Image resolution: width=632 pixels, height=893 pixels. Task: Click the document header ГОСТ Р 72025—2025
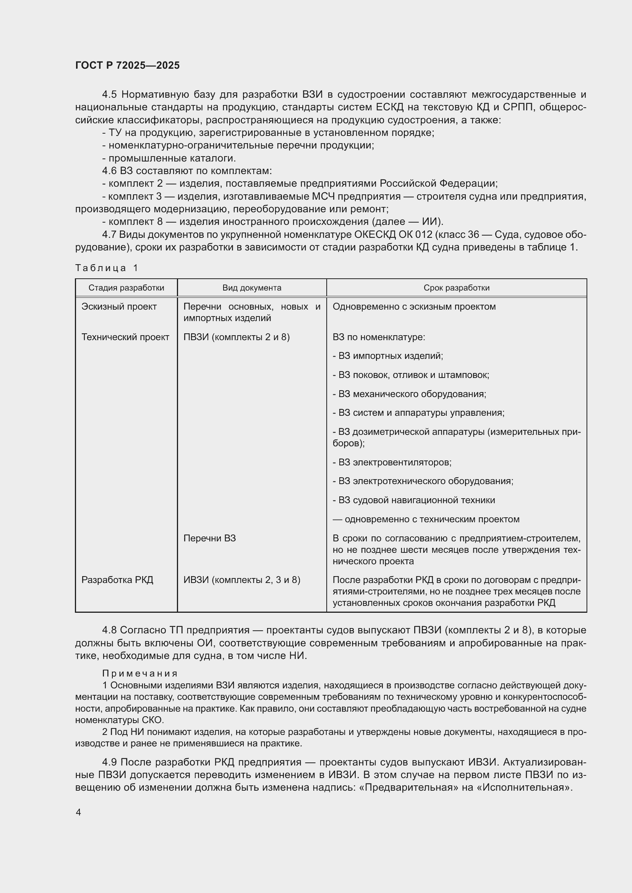[x=127, y=65]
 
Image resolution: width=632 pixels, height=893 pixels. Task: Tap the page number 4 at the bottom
[x=78, y=812]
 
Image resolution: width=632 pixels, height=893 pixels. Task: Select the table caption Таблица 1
[x=107, y=268]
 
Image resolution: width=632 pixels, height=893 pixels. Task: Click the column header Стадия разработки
[x=126, y=288]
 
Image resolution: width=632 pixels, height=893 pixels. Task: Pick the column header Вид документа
[x=251, y=288]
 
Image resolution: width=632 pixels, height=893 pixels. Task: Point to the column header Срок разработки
[x=456, y=288]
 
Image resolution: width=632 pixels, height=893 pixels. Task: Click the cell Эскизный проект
[x=119, y=307]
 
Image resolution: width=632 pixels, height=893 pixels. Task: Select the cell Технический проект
[x=125, y=337]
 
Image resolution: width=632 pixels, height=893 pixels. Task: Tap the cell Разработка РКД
[x=117, y=580]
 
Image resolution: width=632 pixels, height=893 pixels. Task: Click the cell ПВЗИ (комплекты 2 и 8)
[x=236, y=337]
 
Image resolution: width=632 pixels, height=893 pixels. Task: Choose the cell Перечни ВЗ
[x=209, y=538]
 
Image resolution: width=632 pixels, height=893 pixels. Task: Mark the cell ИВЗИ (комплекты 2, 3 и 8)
[x=241, y=580]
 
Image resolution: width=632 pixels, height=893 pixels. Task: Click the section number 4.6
[x=109, y=171]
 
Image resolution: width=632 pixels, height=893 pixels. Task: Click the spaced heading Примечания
[x=140, y=673]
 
